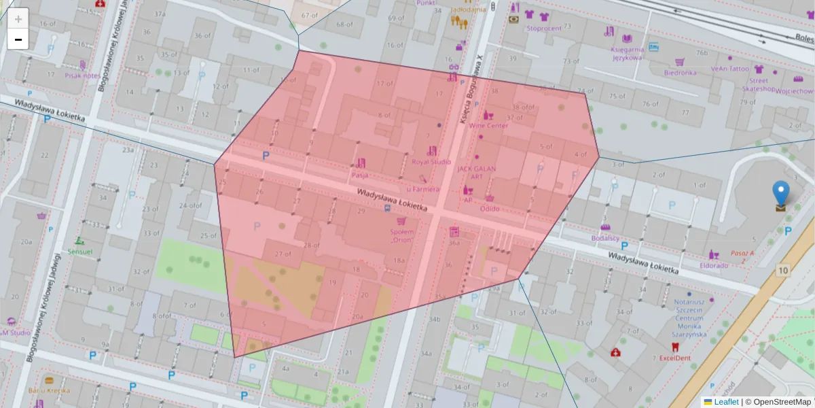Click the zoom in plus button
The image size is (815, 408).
pos(18,19)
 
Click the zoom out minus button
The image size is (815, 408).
pos(18,39)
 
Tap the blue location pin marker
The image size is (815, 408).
pos(782,193)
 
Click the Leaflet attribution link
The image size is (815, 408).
pos(726,402)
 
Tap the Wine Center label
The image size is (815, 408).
pos(488,126)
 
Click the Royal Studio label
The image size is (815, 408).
pos(431,162)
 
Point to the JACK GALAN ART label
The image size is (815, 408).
pos(471,173)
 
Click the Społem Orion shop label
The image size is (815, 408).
pos(401,235)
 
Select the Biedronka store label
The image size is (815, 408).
pos(680,72)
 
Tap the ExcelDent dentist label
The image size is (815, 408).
pos(674,358)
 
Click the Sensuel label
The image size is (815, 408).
pos(80,251)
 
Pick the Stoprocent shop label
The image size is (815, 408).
pos(543,29)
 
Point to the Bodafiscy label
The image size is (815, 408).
pos(604,238)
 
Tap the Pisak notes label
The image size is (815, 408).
pos(82,75)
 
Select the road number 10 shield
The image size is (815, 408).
pos(783,271)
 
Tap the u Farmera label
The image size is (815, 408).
pos(423,189)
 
